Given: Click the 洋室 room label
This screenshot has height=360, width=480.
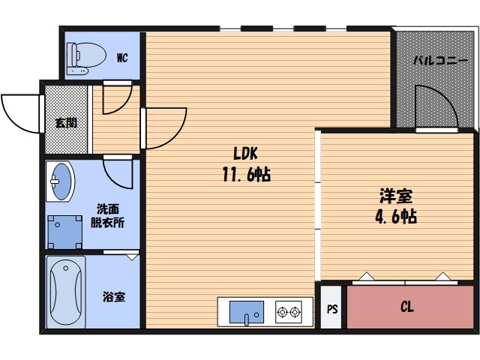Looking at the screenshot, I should [395, 197].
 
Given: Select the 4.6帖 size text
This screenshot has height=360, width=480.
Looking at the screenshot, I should [395, 218].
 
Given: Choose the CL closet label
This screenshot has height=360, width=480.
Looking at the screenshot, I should [407, 307].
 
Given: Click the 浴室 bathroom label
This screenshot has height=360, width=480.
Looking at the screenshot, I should [114, 296].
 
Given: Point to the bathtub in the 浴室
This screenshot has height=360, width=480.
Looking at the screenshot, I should [64, 292].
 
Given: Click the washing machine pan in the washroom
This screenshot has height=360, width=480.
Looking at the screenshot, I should [64, 232].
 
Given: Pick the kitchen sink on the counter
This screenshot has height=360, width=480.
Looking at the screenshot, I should [246, 310].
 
